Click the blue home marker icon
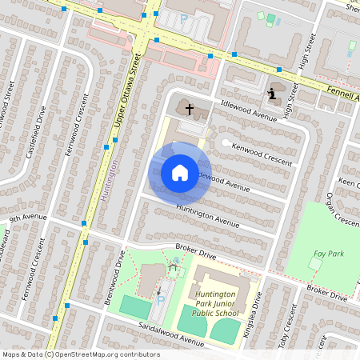[x=180, y=172]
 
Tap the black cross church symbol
[x=189, y=106]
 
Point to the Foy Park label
[x=328, y=255]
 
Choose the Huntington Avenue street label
[x=208, y=213]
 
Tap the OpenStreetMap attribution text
[x=80, y=354]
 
